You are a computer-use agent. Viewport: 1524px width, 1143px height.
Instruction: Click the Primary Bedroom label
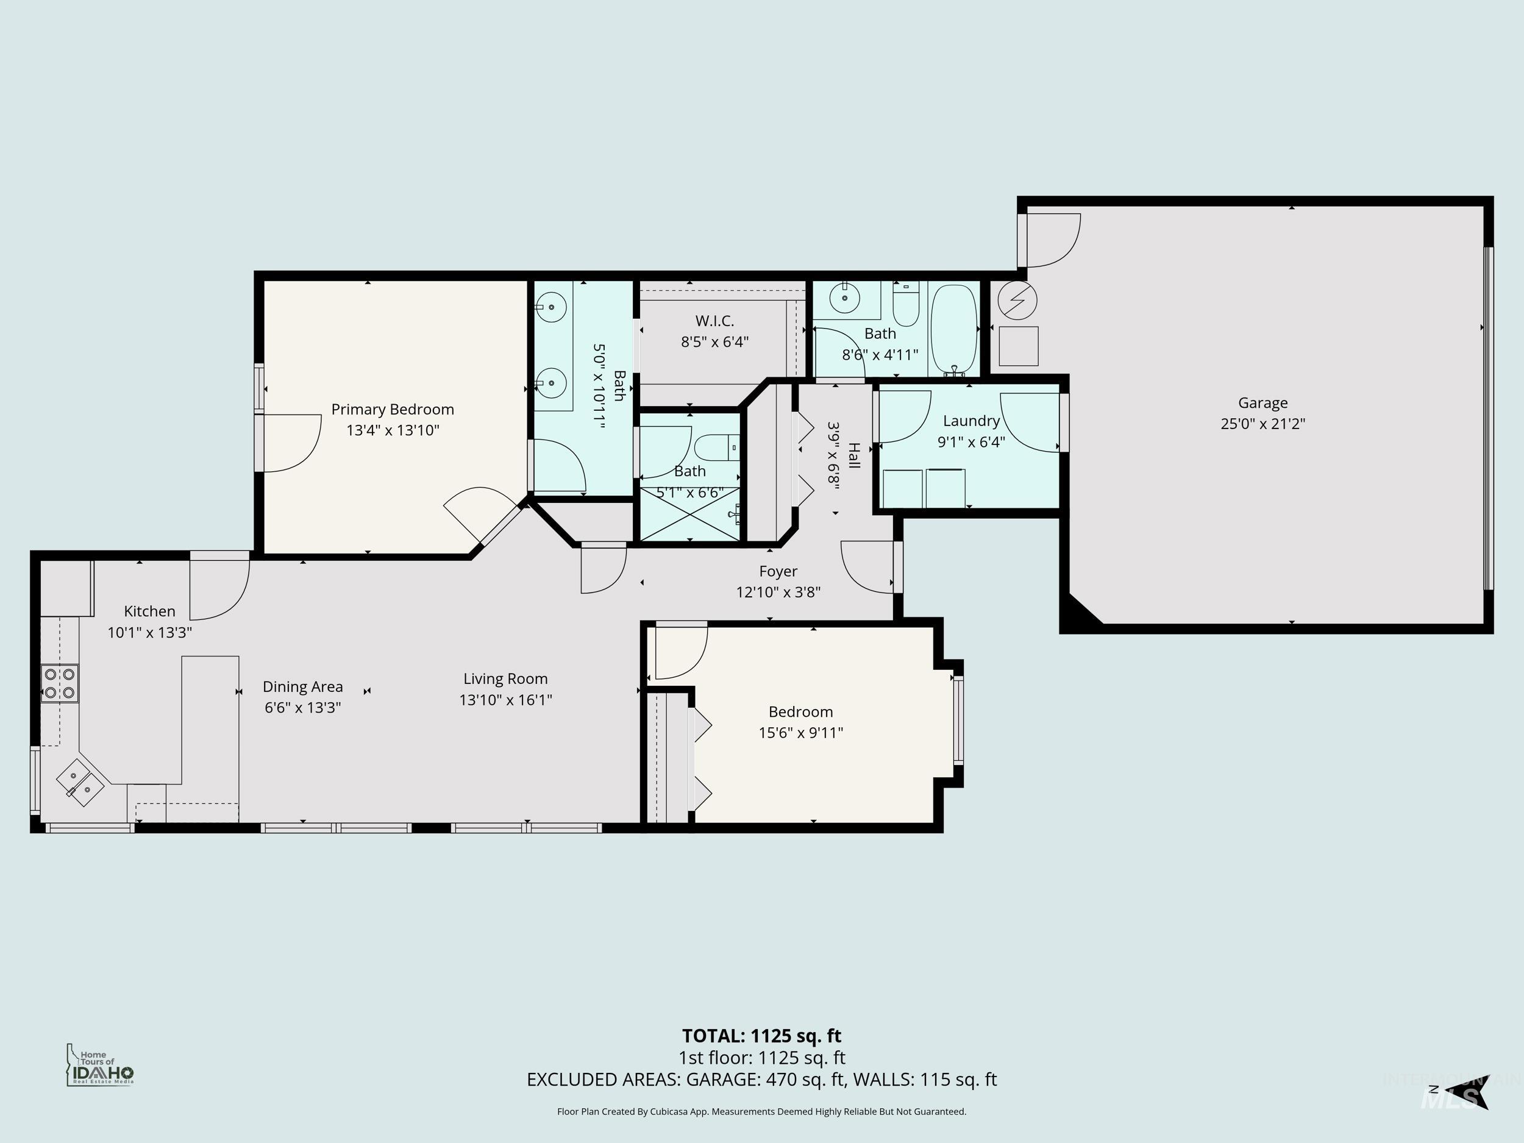(x=392, y=409)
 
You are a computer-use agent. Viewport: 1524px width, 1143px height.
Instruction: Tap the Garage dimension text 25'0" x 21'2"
(x=1262, y=424)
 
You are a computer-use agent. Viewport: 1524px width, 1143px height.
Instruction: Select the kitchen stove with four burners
(x=59, y=683)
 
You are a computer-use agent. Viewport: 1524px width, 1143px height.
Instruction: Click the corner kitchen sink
(x=80, y=783)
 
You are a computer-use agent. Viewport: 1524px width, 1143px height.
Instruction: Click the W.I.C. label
(x=714, y=321)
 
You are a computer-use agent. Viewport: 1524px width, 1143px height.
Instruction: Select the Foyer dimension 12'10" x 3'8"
(x=778, y=592)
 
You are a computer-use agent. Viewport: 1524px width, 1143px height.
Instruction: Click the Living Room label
(x=505, y=678)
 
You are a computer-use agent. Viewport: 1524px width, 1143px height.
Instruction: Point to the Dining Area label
(x=302, y=686)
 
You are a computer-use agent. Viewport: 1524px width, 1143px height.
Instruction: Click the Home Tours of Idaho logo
(x=100, y=1065)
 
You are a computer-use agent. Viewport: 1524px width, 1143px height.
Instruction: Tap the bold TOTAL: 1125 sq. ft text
(x=761, y=1036)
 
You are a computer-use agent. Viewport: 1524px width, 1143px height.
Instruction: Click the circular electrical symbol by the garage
(x=1017, y=300)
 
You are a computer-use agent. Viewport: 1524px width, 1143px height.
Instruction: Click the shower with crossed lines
(x=689, y=514)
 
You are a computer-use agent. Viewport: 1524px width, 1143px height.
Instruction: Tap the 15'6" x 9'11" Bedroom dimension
(x=800, y=732)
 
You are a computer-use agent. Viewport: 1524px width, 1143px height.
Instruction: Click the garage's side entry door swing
(x=1051, y=240)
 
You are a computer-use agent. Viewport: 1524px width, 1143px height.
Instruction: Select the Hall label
(x=854, y=455)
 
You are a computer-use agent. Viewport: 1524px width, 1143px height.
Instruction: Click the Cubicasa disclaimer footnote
(x=761, y=1111)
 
